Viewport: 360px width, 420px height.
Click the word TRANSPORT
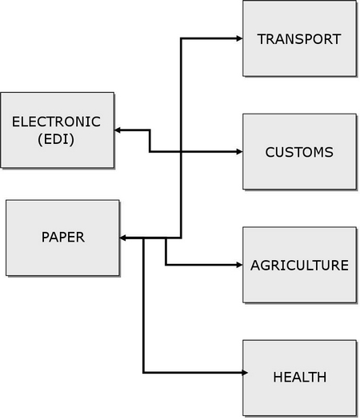click(x=299, y=39)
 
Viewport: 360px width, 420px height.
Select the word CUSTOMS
click(x=299, y=152)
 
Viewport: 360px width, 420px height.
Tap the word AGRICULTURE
click(x=299, y=266)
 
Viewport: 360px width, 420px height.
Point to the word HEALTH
click(x=300, y=377)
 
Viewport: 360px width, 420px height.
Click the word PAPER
click(x=63, y=237)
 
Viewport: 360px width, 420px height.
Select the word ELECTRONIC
click(x=56, y=122)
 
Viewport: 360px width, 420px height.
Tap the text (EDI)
click(x=56, y=139)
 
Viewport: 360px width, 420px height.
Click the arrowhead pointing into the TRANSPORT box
click(x=239, y=38)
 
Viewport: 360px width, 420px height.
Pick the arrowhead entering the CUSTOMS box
click(x=239, y=152)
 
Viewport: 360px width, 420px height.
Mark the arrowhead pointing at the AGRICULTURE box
click(x=239, y=265)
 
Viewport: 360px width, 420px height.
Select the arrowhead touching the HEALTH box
click(x=245, y=372)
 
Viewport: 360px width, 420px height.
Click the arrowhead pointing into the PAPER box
click(x=122, y=238)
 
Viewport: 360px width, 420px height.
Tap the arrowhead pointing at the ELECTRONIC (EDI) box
click(x=118, y=130)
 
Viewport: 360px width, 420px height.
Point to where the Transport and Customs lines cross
click(x=181, y=152)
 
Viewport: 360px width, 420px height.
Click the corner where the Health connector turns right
click(x=143, y=372)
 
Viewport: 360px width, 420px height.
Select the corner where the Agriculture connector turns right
click(x=166, y=265)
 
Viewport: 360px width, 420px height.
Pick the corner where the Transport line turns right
click(x=181, y=38)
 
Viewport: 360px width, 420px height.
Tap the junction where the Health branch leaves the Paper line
click(x=143, y=238)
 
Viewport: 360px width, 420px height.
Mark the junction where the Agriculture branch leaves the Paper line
click(x=166, y=238)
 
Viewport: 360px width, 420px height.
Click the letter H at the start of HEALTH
click(x=278, y=377)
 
